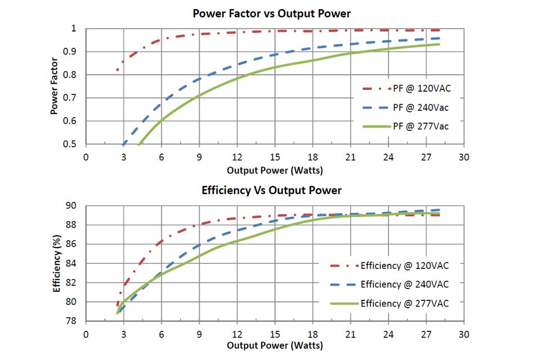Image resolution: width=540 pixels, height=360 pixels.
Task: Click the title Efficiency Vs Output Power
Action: [x=271, y=191]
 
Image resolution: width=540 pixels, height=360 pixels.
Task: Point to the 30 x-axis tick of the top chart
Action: [x=463, y=157]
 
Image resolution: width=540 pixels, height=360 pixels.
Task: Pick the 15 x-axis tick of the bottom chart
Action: [x=274, y=334]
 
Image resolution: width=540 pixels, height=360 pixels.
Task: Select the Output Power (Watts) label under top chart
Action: [x=275, y=169]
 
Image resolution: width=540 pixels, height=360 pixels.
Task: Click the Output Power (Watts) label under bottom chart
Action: [x=275, y=345]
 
